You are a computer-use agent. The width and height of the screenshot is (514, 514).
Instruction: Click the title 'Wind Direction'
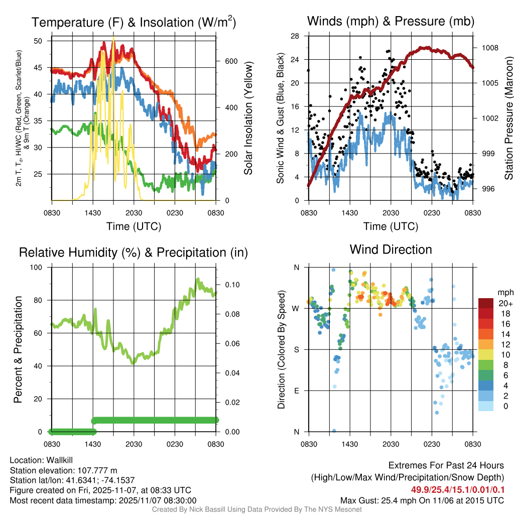[x=391, y=249]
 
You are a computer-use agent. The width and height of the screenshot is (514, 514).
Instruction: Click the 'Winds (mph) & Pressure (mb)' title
[x=391, y=22]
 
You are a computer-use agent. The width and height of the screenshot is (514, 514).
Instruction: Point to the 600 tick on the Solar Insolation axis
[x=230, y=61]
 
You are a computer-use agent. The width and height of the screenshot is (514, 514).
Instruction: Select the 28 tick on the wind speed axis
[x=296, y=36]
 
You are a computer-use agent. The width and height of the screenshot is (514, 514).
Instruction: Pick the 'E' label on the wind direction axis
[x=296, y=391]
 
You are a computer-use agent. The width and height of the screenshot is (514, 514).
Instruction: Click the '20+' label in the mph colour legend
[x=505, y=303]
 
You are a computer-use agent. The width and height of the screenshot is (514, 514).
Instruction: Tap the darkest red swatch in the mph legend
[x=486, y=303]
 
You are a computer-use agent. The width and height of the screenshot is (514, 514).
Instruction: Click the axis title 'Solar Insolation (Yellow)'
[x=248, y=118]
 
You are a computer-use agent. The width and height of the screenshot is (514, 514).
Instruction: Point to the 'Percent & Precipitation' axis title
[x=18, y=349]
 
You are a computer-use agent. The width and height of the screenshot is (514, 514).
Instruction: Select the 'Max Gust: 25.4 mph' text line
[x=422, y=500]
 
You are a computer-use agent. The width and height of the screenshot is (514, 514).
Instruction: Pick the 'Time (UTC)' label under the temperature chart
[x=134, y=226]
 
